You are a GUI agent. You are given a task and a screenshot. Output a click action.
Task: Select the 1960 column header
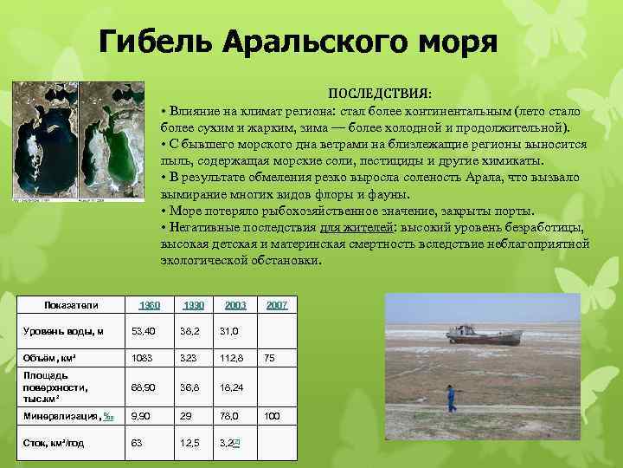(150, 305)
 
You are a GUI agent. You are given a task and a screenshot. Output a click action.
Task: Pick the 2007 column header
(277, 305)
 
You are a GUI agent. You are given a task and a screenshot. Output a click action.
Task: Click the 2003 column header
(234, 305)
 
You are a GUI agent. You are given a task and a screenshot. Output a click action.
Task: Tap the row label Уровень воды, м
(63, 330)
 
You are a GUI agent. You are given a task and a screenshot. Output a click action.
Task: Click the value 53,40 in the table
(144, 330)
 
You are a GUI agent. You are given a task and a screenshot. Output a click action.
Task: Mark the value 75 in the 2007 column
(269, 357)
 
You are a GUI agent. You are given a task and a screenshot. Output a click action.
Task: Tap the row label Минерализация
(61, 416)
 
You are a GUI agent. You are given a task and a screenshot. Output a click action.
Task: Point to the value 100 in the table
(272, 416)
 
